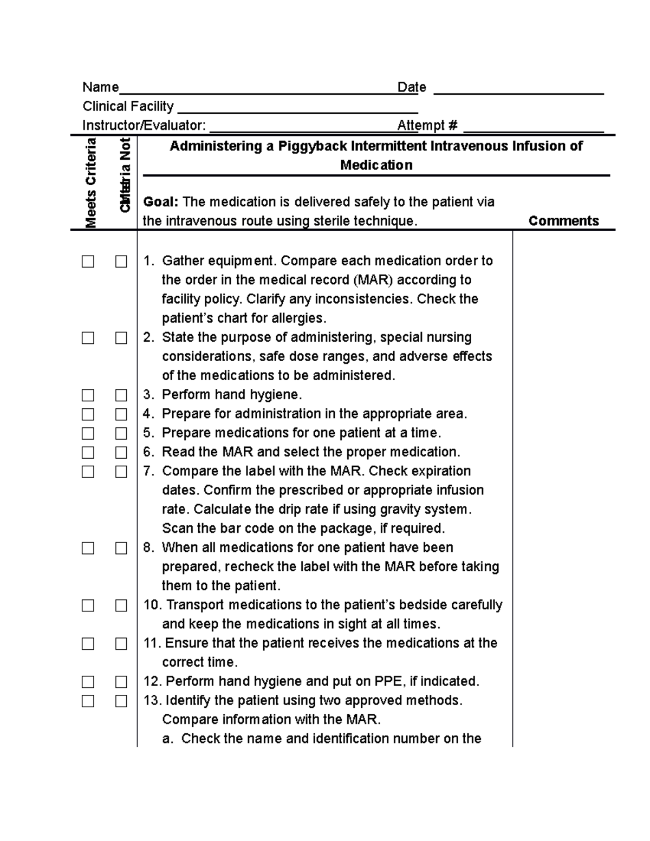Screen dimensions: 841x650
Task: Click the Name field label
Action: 100,87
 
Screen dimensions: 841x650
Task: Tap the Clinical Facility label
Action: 128,106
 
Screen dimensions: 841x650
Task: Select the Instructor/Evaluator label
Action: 144,126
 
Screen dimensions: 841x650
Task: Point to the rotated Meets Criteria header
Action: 90,182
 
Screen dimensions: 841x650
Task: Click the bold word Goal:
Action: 160,202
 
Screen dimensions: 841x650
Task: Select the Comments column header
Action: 563,221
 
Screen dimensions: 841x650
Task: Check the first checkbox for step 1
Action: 88,262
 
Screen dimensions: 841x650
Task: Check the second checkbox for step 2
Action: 121,338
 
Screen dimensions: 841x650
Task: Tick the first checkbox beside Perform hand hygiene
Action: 88,395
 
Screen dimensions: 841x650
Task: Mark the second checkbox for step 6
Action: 121,452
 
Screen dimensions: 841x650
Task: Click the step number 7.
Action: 148,471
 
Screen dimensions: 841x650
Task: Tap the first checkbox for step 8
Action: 88,548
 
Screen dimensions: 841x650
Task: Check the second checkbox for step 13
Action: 121,701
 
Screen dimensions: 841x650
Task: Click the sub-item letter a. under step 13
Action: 168,739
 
